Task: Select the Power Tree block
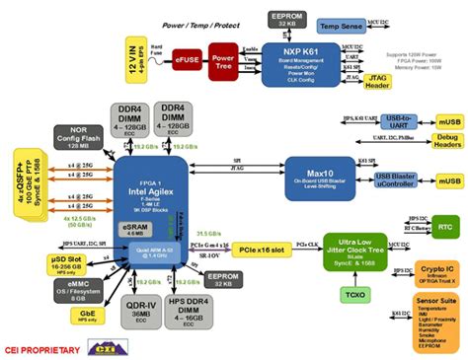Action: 223,60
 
